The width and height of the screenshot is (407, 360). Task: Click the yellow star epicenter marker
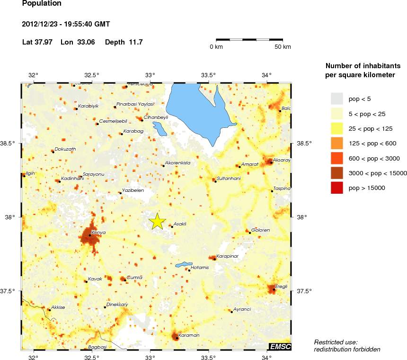tap(157, 221)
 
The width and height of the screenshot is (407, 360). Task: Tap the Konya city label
tap(98, 233)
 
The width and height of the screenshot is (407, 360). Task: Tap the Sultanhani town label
tap(228, 179)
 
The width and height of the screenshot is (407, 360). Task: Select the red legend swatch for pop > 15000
tap(336, 188)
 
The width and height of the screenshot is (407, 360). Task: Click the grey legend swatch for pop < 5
tap(336, 99)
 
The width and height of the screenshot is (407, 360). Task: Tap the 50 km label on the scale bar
tap(283, 47)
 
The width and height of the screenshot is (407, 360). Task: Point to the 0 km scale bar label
tap(217, 47)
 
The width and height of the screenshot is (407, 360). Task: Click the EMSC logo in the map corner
tap(280, 347)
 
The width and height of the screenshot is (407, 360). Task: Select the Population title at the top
tap(42, 4)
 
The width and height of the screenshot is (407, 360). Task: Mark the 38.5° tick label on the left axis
tap(9, 143)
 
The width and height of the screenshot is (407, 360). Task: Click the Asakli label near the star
tap(180, 224)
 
